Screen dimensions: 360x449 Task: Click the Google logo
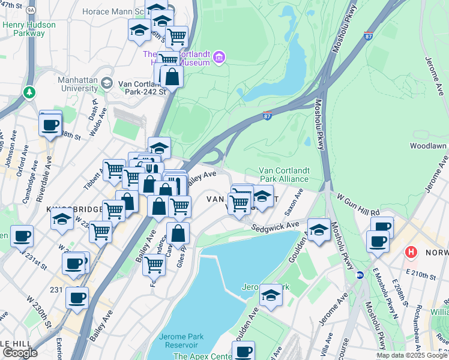[20, 353]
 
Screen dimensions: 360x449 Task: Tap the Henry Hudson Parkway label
[29, 29]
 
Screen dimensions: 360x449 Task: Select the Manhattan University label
[77, 83]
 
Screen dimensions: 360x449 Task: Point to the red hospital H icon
[411, 250]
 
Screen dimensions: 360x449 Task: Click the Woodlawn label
[428, 146]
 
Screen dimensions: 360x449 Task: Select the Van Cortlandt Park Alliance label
[283, 175]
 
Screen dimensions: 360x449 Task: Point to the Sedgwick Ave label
[275, 226]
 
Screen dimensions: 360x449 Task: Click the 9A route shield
[32, 9]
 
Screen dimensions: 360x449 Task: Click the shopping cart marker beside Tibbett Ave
[113, 170]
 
